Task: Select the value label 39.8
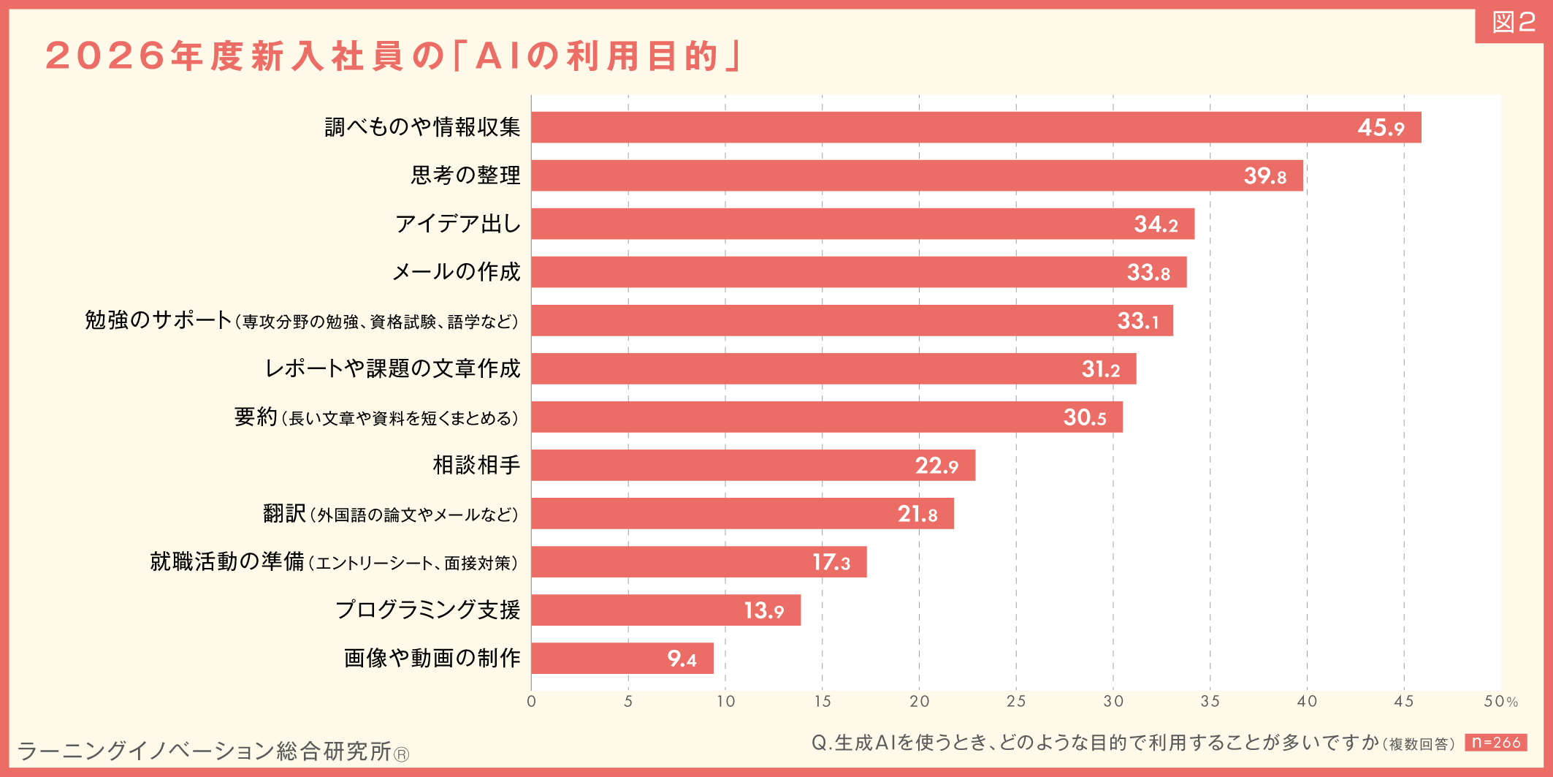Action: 1265,175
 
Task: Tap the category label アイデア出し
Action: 458,224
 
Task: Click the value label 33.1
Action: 1138,320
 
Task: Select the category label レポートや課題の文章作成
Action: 393,368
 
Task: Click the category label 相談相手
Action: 476,465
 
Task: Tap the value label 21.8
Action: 917,514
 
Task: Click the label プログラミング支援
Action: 428,610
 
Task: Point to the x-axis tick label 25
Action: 1016,701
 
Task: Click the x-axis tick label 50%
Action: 1500,701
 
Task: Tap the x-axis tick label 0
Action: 531,701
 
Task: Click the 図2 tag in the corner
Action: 1513,23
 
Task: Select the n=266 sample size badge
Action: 1495,743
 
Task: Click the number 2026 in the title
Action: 105,56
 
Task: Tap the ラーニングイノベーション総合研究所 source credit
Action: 212,751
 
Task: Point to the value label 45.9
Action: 1381,127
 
